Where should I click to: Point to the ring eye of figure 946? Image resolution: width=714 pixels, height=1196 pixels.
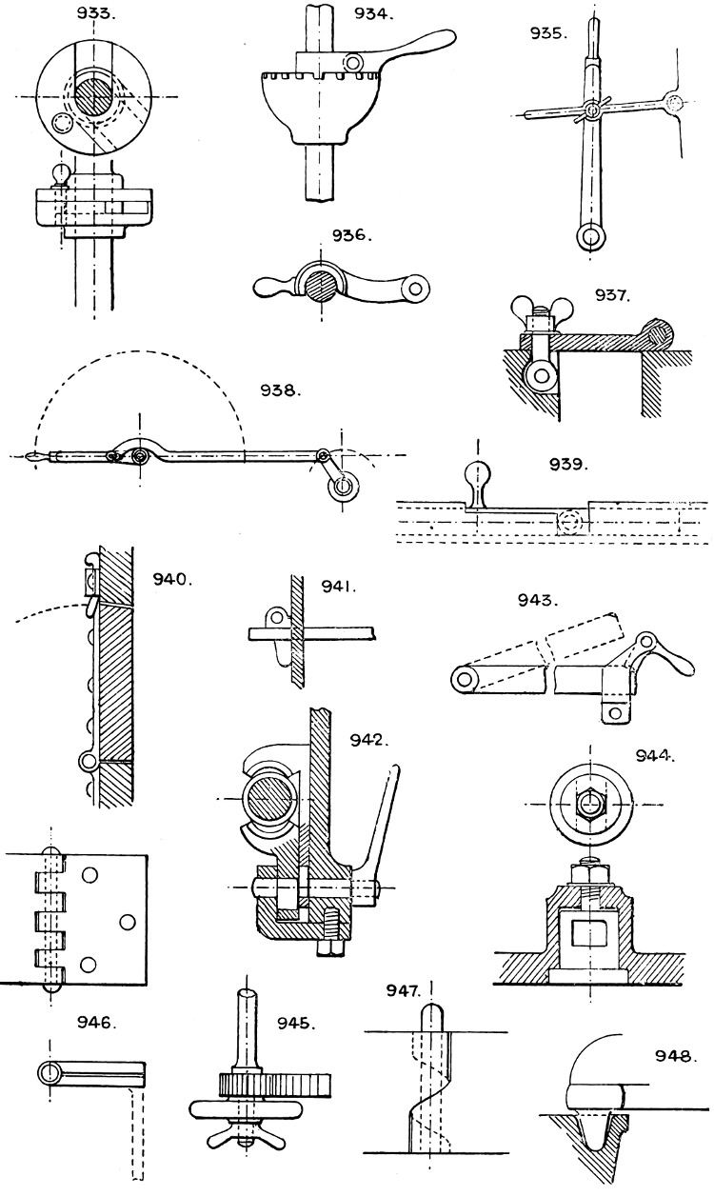50,1072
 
